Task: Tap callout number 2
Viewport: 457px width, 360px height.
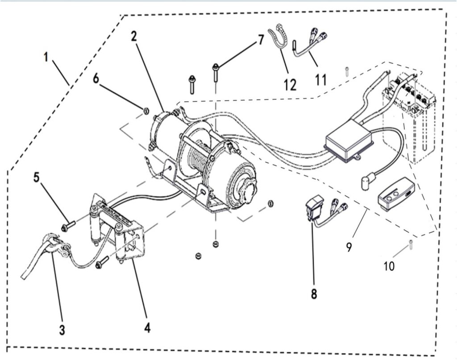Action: (133, 37)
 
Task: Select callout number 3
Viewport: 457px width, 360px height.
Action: (62, 330)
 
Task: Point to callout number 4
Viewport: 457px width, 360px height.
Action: (147, 328)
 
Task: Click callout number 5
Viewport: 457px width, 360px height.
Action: (37, 177)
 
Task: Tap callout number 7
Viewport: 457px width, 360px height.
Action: (261, 41)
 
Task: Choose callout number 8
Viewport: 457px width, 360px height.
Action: (314, 294)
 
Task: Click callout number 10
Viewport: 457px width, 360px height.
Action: (389, 267)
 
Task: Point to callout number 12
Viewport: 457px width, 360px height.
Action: (290, 84)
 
